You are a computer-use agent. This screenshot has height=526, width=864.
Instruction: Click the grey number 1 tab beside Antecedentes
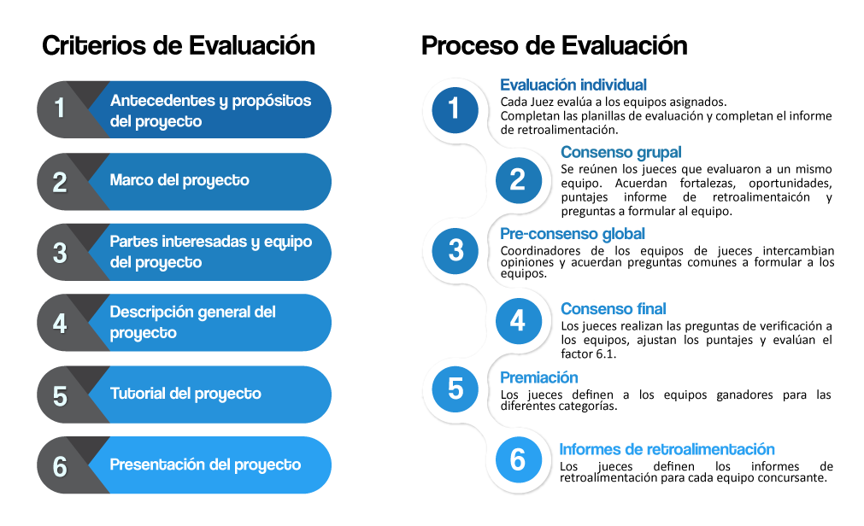pyautogui.click(x=60, y=108)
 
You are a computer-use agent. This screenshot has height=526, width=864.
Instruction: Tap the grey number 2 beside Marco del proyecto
pyautogui.click(x=60, y=182)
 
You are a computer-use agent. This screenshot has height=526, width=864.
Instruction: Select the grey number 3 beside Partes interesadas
pyautogui.click(x=60, y=253)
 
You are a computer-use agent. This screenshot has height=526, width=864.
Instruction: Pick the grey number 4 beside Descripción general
pyautogui.click(x=60, y=324)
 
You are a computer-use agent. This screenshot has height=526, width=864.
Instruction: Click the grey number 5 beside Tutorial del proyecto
pyautogui.click(x=60, y=395)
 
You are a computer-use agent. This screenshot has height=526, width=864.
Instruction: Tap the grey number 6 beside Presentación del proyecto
pyautogui.click(x=60, y=466)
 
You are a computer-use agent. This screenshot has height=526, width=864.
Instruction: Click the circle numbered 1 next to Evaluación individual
pyautogui.click(x=455, y=108)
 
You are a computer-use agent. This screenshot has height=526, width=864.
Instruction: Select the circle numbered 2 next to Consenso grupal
pyautogui.click(x=517, y=179)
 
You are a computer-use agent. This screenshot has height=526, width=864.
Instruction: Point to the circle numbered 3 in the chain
pyautogui.click(x=455, y=250)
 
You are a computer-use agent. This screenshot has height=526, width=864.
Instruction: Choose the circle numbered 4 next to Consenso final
pyautogui.click(x=517, y=321)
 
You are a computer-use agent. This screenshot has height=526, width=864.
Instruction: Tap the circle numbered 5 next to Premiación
pyautogui.click(x=455, y=389)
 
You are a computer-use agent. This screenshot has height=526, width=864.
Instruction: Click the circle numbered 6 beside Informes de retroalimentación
pyautogui.click(x=517, y=459)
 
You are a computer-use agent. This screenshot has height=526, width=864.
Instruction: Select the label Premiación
pyautogui.click(x=538, y=377)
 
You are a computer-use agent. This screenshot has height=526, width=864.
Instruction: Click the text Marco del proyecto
pyautogui.click(x=179, y=180)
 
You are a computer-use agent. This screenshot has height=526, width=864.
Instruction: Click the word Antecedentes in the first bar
pyautogui.click(x=162, y=101)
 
